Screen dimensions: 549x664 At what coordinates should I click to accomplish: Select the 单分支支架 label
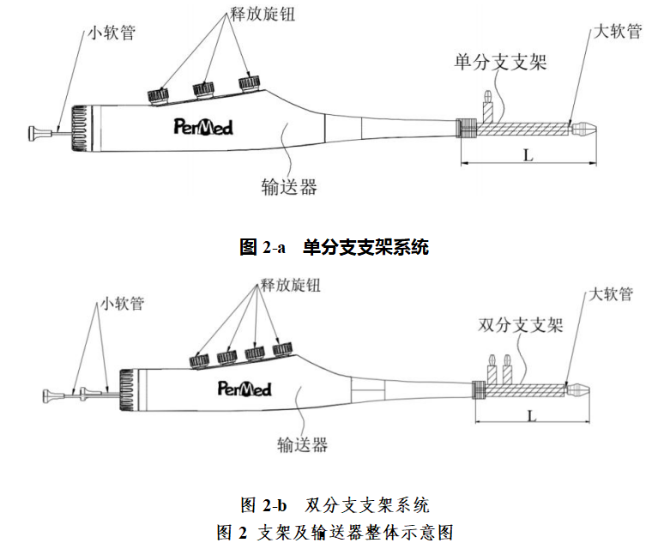coord(500,62)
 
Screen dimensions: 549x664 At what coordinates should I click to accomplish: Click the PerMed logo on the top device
coord(202,128)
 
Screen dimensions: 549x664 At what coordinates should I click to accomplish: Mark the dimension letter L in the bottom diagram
coord(533,415)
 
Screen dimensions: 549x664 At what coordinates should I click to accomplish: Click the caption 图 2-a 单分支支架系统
coord(334,248)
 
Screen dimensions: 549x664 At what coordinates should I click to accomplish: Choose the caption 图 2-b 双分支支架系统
coord(334,504)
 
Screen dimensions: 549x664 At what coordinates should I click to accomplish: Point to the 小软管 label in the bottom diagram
coord(122,303)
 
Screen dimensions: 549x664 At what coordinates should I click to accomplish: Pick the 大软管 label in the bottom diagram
coord(611,294)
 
